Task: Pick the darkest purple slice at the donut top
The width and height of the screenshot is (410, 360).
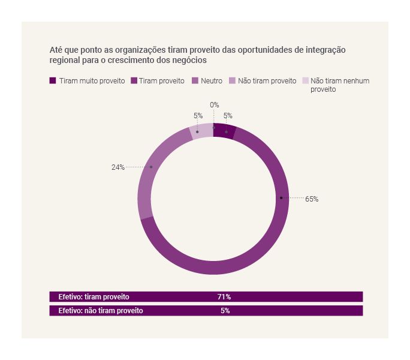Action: point(224,131)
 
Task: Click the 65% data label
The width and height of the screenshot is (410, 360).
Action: point(312,199)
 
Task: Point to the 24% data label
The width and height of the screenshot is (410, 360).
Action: point(117,167)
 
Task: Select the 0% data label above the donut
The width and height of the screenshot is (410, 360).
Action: point(214,105)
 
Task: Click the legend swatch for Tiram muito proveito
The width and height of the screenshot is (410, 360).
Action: point(53,80)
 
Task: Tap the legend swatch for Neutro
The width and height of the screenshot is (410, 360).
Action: point(195,80)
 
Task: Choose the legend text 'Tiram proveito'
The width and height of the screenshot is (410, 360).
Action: point(161,80)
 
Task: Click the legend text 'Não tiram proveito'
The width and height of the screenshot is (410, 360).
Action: point(267,80)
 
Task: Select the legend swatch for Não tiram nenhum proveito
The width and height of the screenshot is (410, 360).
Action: point(305,80)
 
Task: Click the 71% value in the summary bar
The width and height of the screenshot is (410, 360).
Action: point(224,296)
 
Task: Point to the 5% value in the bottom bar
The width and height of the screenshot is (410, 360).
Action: point(225,311)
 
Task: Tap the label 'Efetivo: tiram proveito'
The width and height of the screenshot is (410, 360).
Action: point(94,296)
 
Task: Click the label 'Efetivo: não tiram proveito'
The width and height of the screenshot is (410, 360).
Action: point(101,311)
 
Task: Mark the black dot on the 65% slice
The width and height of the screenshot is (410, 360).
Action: point(281,197)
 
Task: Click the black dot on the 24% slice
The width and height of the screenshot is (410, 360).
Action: point(151,167)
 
